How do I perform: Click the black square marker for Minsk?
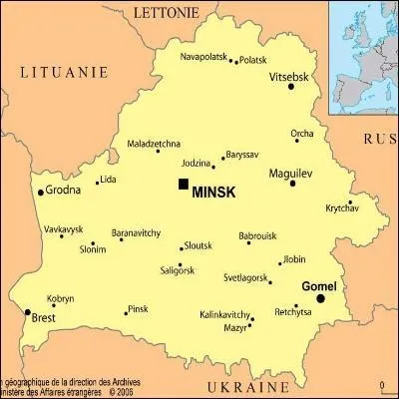[x=183, y=184]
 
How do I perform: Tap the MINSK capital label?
[x=213, y=192]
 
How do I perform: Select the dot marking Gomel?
[x=348, y=297]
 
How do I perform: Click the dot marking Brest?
[x=27, y=312]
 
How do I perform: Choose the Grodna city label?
[x=64, y=190]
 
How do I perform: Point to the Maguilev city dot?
[x=292, y=184]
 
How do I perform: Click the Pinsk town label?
[x=139, y=309]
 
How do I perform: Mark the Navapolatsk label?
[x=204, y=56]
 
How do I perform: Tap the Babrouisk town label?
[x=257, y=236]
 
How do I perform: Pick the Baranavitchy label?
[x=136, y=232]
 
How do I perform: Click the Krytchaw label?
[x=341, y=207]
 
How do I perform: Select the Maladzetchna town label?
[x=154, y=144]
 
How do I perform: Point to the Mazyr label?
[x=235, y=327]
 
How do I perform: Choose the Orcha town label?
[x=302, y=133]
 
